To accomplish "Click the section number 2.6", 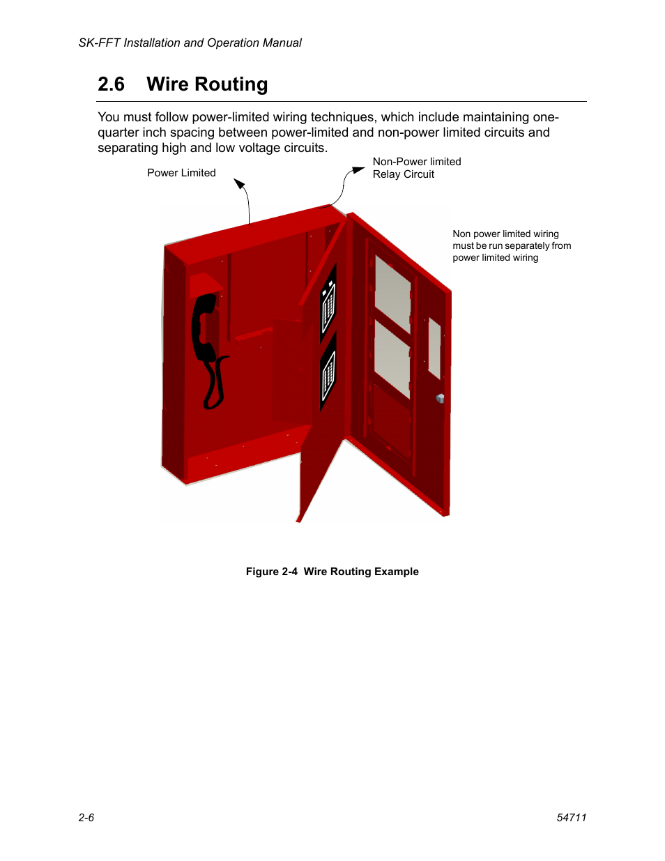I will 111,84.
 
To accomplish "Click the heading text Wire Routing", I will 207,84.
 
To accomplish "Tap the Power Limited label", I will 181,173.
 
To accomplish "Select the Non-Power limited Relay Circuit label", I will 416,168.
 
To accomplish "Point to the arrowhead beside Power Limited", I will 239,184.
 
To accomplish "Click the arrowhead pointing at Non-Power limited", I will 358,169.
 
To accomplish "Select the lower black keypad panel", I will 328,372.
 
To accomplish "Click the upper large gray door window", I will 392,294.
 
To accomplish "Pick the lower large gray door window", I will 392,359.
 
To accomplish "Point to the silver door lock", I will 440,399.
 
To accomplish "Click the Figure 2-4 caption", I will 332,572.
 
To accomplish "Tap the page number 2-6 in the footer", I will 86,818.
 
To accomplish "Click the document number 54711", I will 572,818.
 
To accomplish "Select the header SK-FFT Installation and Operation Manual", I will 190,43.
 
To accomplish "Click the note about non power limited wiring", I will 511,245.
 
